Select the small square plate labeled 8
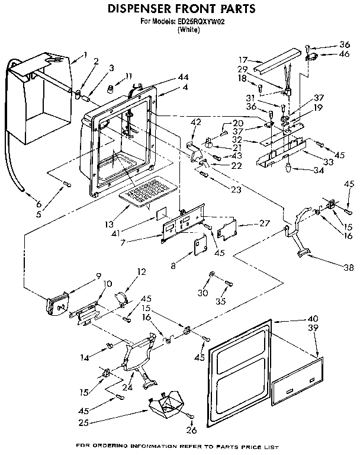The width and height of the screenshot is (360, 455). pyautogui.click(x=199, y=244)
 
